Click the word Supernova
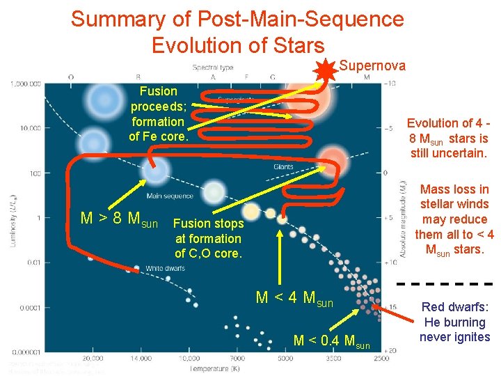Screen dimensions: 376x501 coord(372,65)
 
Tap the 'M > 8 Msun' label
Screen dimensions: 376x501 coord(119,219)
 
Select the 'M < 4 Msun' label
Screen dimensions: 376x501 coord(295,298)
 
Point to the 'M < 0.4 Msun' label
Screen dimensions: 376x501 coord(331,340)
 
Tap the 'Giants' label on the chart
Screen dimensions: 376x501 coord(283,167)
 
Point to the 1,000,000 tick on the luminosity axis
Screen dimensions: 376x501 coord(26,84)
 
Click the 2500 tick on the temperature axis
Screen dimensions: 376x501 coord(380,357)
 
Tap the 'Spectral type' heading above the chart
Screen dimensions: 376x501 coord(213,68)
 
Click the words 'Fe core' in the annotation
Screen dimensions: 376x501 coord(159,136)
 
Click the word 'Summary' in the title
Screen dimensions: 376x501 coord(116,19)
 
